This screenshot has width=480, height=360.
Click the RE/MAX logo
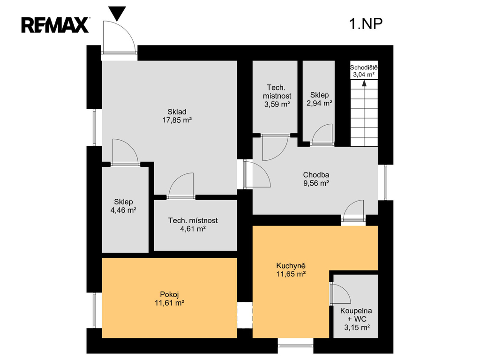click(x=55, y=25)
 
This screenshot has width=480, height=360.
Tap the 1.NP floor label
click(x=366, y=23)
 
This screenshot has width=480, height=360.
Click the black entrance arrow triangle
click(x=117, y=14)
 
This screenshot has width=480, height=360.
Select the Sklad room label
click(x=177, y=112)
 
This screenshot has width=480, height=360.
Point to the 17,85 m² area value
click(x=177, y=120)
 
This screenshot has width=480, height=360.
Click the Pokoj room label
click(x=169, y=295)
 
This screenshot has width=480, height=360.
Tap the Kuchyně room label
click(x=291, y=266)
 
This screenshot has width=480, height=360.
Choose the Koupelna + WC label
click(x=357, y=315)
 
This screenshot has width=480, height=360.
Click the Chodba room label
click(x=316, y=175)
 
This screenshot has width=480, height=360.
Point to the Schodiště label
click(x=364, y=67)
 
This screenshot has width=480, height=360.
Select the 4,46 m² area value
click(x=123, y=210)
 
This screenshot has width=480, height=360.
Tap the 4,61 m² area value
click(x=193, y=229)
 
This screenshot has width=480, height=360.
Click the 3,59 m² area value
click(x=277, y=104)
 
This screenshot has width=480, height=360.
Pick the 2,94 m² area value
click(x=319, y=103)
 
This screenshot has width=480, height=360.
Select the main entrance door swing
click(x=119, y=37)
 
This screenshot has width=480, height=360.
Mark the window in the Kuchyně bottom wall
click(x=295, y=346)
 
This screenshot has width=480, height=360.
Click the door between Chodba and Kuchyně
click(x=353, y=210)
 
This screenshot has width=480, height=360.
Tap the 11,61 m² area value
click(x=169, y=303)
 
